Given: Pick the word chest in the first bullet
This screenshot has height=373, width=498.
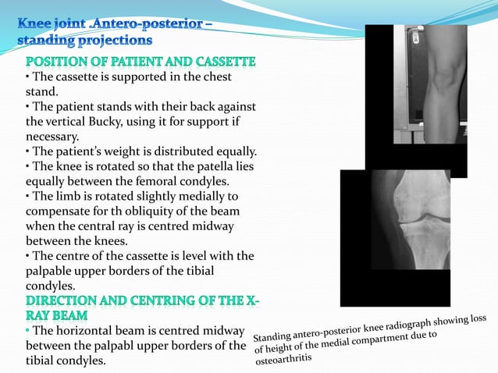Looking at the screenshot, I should (x=215, y=77).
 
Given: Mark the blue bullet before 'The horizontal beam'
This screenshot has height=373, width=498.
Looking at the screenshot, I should (x=28, y=332).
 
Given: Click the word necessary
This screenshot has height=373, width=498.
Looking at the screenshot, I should (x=55, y=137).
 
